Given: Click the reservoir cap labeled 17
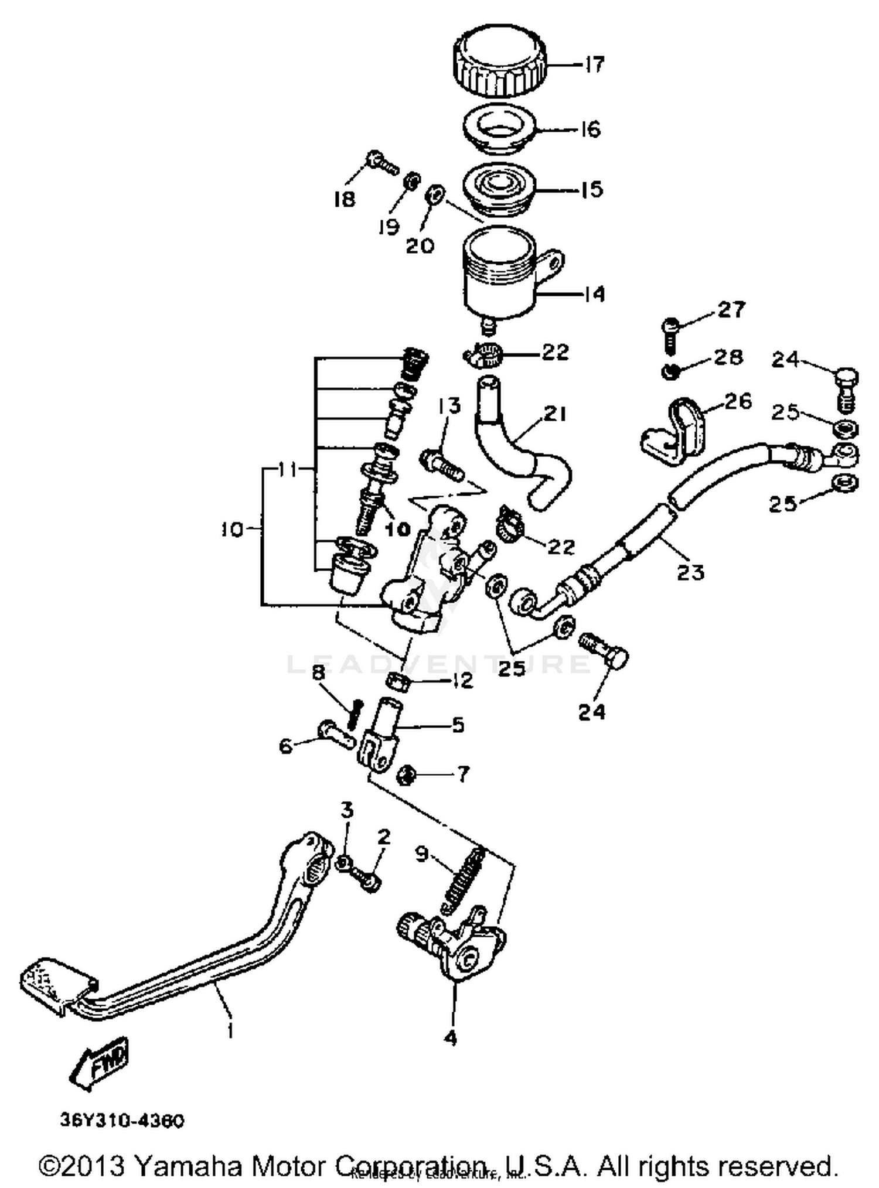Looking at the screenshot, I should (x=500, y=63).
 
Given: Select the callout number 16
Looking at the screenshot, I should (x=591, y=128).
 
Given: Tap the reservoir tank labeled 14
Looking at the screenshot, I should (x=499, y=275).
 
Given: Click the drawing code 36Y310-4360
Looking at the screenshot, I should (x=122, y=1121).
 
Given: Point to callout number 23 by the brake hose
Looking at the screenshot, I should (x=690, y=571).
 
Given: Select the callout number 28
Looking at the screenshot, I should (x=728, y=357).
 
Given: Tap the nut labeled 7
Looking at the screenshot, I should (x=405, y=776).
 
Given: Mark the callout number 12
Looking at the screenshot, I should (x=462, y=680).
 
